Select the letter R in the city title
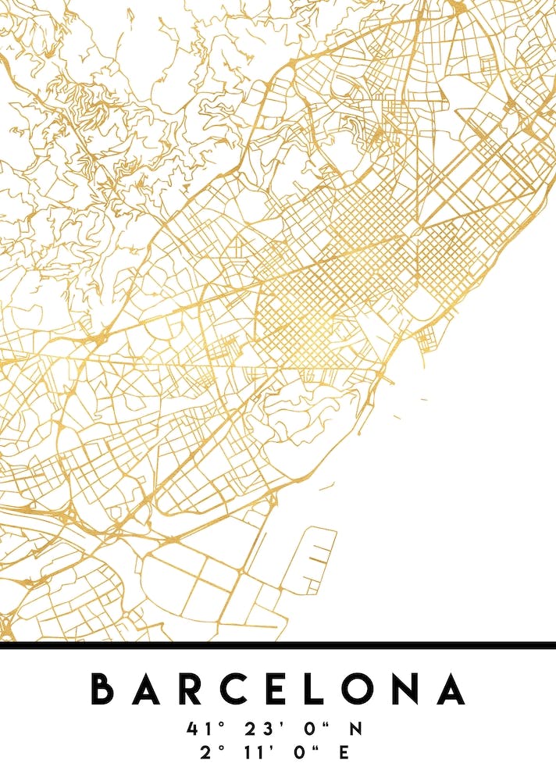[193, 689]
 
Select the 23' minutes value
[259, 729]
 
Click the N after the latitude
[356, 729]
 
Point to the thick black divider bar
[278, 645]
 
